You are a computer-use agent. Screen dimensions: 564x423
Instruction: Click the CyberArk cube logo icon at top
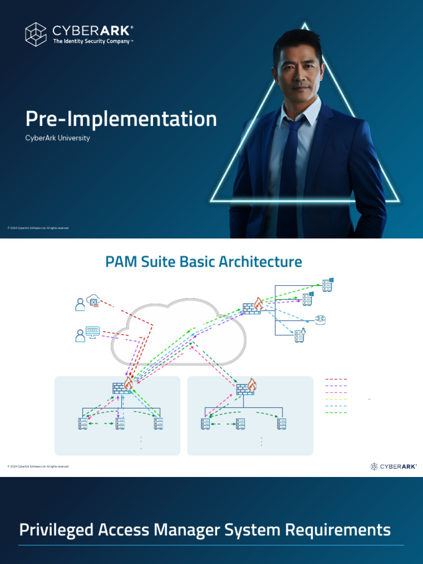pyautogui.click(x=36, y=34)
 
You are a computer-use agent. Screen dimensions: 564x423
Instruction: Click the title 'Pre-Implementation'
pyautogui.click(x=121, y=119)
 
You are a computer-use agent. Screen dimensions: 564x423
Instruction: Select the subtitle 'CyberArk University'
pyautogui.click(x=57, y=138)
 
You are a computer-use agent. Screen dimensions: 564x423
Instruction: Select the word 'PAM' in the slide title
pyautogui.click(x=121, y=262)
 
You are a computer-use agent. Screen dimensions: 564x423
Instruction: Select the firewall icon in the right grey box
pyautogui.click(x=246, y=387)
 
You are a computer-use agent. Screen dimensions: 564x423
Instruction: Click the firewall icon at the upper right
pyautogui.click(x=253, y=306)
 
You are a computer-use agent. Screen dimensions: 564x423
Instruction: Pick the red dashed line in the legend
pyautogui.click(x=336, y=379)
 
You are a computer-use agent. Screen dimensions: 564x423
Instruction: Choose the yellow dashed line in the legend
pyautogui.click(x=336, y=399)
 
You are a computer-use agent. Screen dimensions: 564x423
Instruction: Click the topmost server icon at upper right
pyautogui.click(x=328, y=285)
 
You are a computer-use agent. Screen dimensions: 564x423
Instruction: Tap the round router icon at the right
pyautogui.click(x=321, y=320)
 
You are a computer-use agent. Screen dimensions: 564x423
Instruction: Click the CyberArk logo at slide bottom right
pyautogui.click(x=393, y=467)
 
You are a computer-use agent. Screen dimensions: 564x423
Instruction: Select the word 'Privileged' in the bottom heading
pyautogui.click(x=55, y=530)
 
